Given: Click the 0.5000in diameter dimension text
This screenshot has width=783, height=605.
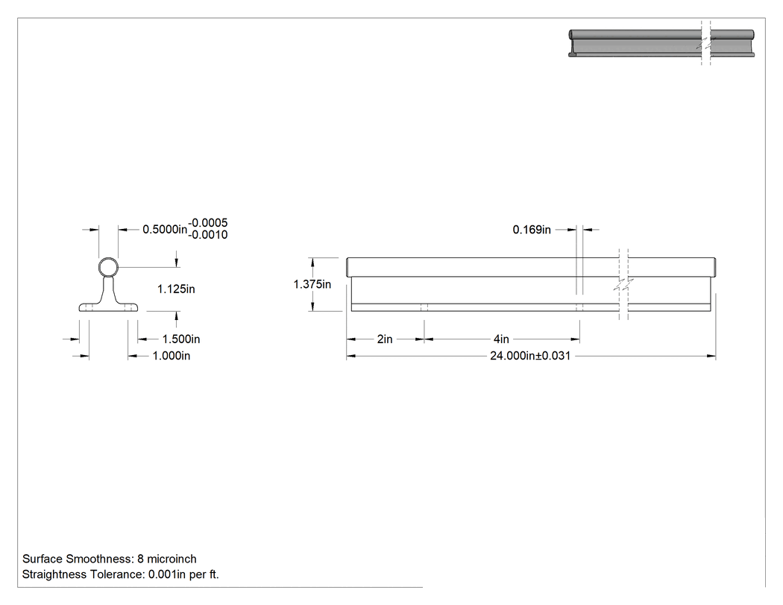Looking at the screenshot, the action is point(165,229).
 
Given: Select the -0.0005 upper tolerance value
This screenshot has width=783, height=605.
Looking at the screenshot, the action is point(208,223).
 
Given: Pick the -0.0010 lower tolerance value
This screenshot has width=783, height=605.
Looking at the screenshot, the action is point(208,235).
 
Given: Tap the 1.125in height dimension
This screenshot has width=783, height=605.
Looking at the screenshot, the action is point(176,289).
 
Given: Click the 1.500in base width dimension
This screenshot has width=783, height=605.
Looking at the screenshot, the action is point(181,339).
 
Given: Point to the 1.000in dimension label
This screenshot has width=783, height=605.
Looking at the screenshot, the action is point(172,356).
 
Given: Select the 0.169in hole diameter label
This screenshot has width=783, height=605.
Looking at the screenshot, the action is point(532,230).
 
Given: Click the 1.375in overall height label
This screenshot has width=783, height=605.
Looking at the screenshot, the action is point(312,284).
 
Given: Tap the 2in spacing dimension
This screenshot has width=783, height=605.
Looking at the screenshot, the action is point(385,339).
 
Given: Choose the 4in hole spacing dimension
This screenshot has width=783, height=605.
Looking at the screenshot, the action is point(501,339).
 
